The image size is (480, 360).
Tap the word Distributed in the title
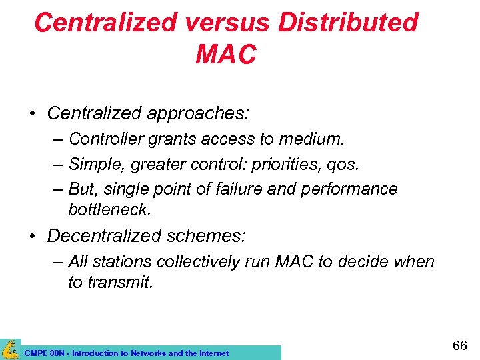348,23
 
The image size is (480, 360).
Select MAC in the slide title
225,55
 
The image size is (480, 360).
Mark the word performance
349,189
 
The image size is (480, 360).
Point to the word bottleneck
110,209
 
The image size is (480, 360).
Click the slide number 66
460,345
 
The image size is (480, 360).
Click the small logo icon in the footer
11,349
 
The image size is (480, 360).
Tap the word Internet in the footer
212,353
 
